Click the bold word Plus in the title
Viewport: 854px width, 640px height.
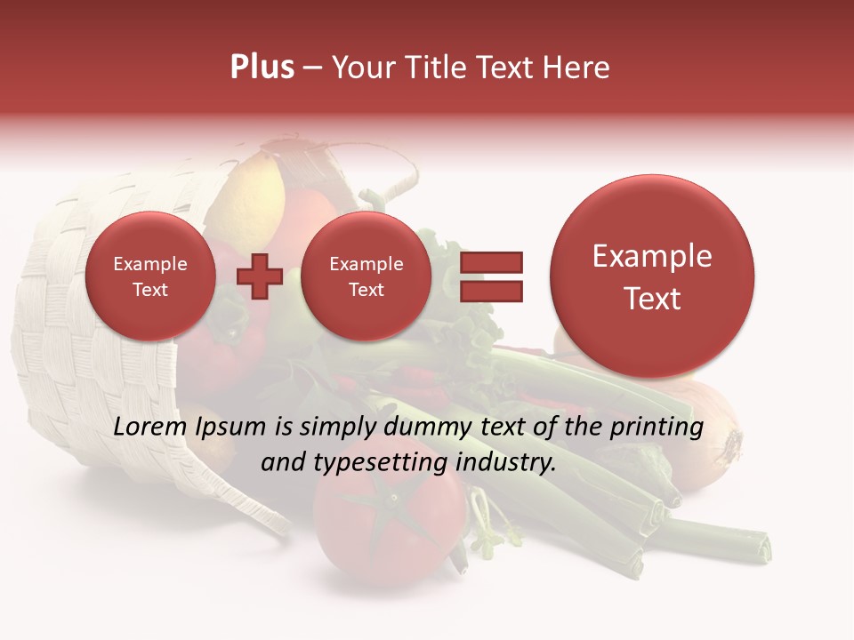coord(262,68)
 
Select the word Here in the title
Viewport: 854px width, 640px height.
coord(576,68)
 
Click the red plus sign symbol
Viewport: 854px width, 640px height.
coord(259,276)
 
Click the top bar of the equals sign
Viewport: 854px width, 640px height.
coord(490,262)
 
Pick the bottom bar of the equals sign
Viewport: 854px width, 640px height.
coord(490,291)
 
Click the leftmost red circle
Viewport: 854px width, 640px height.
coord(149,276)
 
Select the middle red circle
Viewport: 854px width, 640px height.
coord(366,276)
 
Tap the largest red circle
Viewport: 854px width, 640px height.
coord(652,276)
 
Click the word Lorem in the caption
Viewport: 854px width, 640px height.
coord(150,428)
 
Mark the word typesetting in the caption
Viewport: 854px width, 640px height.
coord(375,463)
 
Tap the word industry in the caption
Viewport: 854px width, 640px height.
coord(504,463)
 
